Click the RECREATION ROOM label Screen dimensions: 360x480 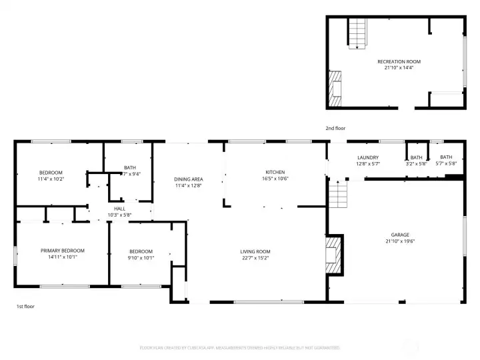[399, 61]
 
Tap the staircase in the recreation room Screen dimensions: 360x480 [358, 34]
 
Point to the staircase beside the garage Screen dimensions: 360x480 [339, 195]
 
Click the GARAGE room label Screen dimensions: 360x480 [399, 235]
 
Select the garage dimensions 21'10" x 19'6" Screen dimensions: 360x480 [399, 241]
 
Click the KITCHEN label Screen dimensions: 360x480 [275, 172]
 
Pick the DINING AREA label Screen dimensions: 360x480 [189, 179]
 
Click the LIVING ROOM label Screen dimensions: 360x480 [255, 251]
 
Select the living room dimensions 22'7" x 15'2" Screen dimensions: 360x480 [255, 258]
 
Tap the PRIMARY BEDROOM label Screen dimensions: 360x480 [63, 251]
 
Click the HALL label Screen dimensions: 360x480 [119, 209]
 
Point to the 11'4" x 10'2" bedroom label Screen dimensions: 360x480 [51, 175]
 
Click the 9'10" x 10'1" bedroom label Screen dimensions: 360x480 [141, 255]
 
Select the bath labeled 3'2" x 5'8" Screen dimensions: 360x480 [416, 160]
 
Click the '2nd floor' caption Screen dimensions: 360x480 [335, 128]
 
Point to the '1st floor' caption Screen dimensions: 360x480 [25, 307]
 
